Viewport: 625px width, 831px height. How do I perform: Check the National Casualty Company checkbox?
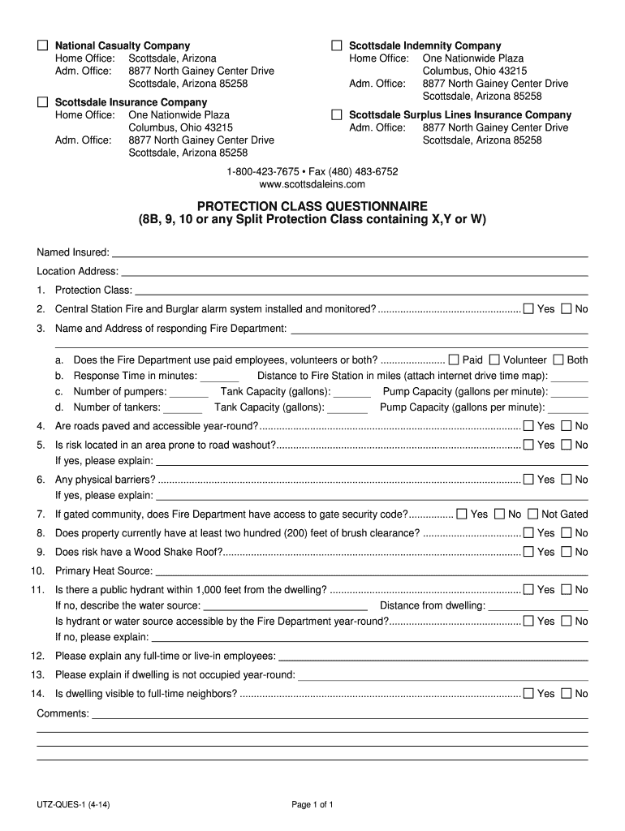(42, 45)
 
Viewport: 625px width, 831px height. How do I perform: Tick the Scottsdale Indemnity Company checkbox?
(337, 45)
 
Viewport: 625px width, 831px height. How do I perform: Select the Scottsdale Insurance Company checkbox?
(42, 102)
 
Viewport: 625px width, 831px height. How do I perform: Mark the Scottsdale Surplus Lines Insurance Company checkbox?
(337, 115)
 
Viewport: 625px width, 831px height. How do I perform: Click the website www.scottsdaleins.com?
(312, 184)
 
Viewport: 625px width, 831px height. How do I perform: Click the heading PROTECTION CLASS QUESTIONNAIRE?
(312, 206)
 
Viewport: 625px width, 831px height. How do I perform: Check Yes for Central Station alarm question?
(528, 308)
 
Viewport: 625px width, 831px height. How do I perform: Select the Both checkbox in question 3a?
(558, 360)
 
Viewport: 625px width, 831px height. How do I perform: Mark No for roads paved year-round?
(567, 425)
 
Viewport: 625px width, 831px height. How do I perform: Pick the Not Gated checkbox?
(532, 514)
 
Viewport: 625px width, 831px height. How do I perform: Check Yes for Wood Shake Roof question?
(528, 552)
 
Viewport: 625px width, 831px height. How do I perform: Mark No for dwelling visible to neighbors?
(567, 693)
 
